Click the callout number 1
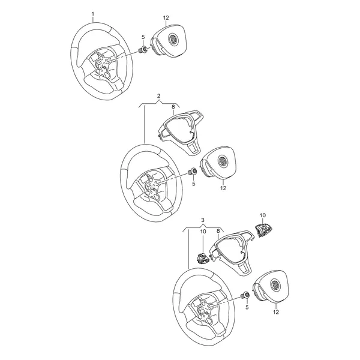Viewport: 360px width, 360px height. (93, 14)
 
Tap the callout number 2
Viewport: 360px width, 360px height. (158, 96)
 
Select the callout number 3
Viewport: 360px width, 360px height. (203, 220)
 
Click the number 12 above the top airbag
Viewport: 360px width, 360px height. (166, 17)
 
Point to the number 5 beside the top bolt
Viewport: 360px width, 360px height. (143, 37)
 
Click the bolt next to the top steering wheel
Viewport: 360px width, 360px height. (143, 50)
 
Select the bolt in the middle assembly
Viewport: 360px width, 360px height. (192, 172)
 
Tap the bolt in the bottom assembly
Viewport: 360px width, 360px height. (245, 295)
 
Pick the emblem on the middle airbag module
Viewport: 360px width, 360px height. (223, 160)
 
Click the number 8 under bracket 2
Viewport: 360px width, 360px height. (173, 107)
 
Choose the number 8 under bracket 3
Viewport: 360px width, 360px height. (218, 231)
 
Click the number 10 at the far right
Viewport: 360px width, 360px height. (263, 215)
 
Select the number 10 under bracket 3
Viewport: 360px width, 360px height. (203, 231)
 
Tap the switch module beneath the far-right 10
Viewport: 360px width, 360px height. (262, 230)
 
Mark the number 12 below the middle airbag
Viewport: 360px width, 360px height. (223, 188)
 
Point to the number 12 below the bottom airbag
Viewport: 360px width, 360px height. (276, 312)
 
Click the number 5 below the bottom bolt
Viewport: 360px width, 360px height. (247, 307)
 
